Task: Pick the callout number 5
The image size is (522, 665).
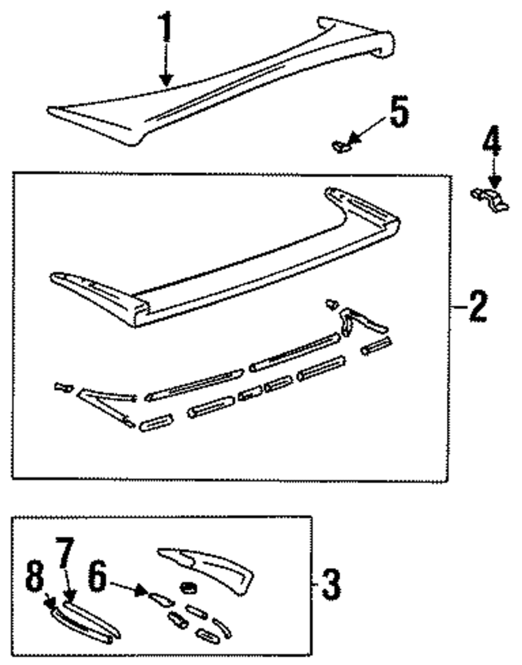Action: (x=397, y=113)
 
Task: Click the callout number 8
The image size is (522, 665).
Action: (x=34, y=579)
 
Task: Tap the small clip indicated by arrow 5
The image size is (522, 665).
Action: (x=341, y=146)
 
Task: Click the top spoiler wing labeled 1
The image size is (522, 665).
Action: (x=220, y=90)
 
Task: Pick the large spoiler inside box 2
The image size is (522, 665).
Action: (x=228, y=261)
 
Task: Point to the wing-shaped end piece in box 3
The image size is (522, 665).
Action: (x=208, y=567)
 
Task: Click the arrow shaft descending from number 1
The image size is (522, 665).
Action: (x=166, y=65)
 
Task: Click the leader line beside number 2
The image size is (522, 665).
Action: (x=457, y=308)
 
